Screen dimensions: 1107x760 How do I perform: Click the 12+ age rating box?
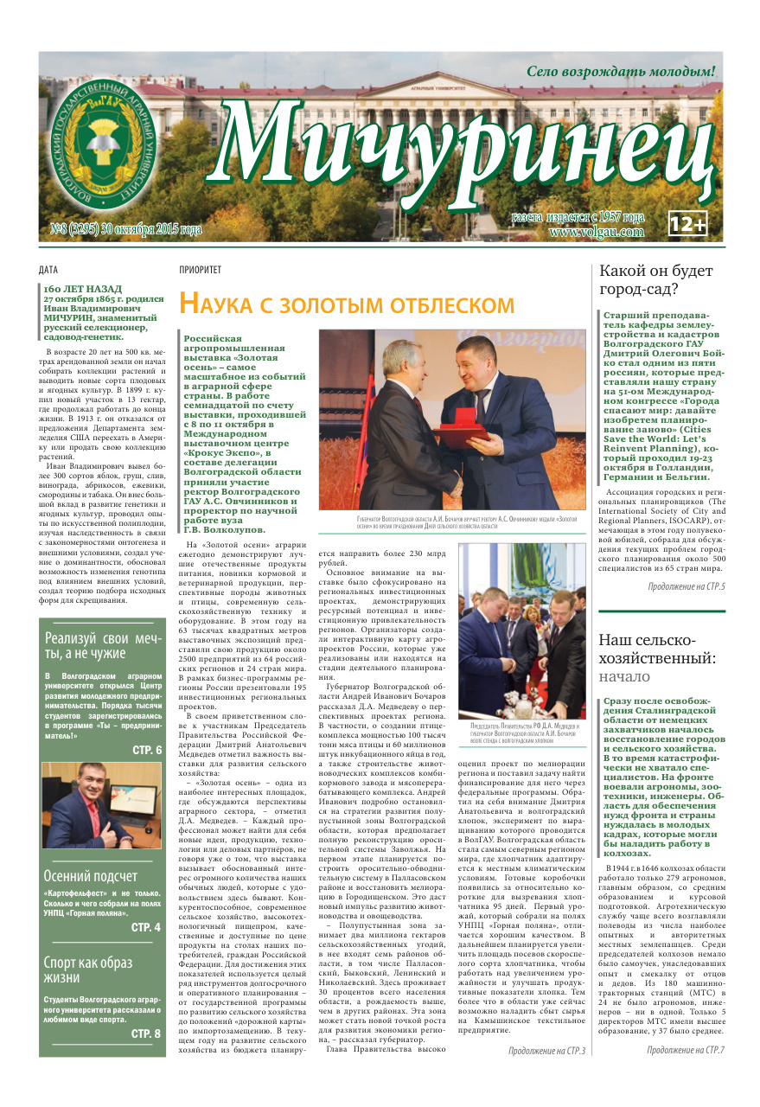688,224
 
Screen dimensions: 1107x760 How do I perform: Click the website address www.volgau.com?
596,232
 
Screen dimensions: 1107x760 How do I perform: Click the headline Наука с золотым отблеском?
346,304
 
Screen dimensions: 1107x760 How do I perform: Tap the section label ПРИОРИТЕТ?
200,270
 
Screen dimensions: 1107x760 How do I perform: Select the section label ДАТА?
49,270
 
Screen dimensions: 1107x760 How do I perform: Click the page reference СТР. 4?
146,927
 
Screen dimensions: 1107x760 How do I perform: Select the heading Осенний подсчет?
90,876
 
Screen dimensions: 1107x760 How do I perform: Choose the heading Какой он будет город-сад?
656,280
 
